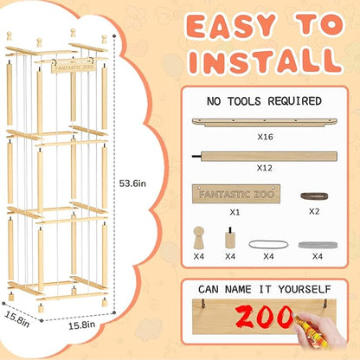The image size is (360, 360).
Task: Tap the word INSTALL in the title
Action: click(x=266, y=61)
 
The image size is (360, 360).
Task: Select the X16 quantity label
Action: click(x=265, y=137)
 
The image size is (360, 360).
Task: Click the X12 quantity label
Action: click(x=265, y=168)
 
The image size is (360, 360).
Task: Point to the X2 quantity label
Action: click(x=314, y=211)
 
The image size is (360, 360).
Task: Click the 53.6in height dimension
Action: click(x=132, y=183)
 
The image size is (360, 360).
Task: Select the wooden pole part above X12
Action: click(x=265, y=157)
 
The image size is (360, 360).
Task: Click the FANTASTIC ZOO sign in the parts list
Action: click(x=236, y=194)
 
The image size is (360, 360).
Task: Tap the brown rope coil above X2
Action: click(x=314, y=196)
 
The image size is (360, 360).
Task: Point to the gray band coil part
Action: click(x=318, y=245)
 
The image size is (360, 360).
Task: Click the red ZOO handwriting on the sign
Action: click(x=265, y=316)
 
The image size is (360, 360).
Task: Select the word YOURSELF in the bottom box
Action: click(x=305, y=289)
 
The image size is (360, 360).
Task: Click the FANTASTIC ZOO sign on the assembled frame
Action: click(x=74, y=67)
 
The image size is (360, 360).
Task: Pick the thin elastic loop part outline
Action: click(x=268, y=245)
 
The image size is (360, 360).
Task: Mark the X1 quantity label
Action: click(x=235, y=212)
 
